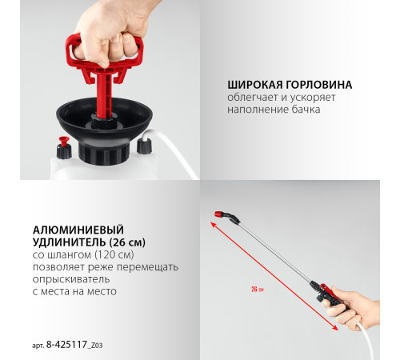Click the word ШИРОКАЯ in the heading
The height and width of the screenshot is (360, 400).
tap(255, 85)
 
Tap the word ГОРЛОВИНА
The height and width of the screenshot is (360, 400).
tap(319, 85)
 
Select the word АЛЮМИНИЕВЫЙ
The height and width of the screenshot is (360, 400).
tap(78, 230)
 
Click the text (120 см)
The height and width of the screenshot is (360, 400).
tap(114, 254)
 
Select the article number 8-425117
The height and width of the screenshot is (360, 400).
tap(66, 345)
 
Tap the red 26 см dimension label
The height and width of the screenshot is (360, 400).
tap(258, 289)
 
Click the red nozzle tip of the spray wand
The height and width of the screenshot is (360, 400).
tap(219, 214)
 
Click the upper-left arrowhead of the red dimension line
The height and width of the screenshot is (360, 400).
tap(214, 225)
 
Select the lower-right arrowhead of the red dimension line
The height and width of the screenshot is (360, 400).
tap(335, 328)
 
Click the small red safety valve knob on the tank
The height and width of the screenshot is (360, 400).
tap(64, 141)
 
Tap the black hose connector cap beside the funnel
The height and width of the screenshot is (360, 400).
tap(144, 146)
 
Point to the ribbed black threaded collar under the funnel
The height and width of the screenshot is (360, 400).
tap(102, 154)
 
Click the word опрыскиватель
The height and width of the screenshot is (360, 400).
tap(71, 279)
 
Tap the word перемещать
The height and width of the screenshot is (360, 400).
tap(148, 267)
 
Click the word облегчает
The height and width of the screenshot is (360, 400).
tap(252, 98)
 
